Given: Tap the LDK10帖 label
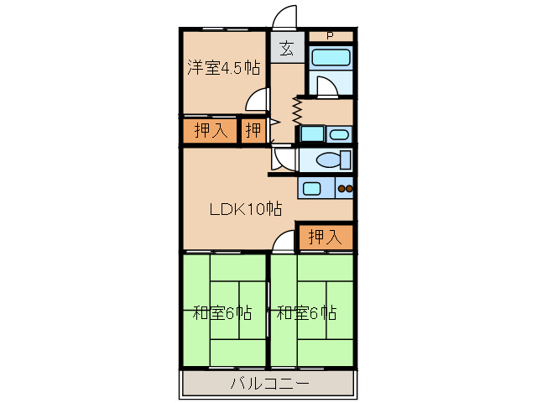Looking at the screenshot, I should coord(245,209).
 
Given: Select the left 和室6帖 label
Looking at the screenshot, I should coord(222,313).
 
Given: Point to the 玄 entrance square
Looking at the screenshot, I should coord(286,48).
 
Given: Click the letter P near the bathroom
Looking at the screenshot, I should coord(329,35).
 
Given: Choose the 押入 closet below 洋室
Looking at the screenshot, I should coord(210,131).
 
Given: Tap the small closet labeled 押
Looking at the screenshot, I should coord(253,131).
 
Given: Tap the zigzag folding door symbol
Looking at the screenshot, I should coord(296,112).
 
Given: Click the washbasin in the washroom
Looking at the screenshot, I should coord(338,134).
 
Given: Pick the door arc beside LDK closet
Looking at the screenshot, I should coord(285,242).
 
